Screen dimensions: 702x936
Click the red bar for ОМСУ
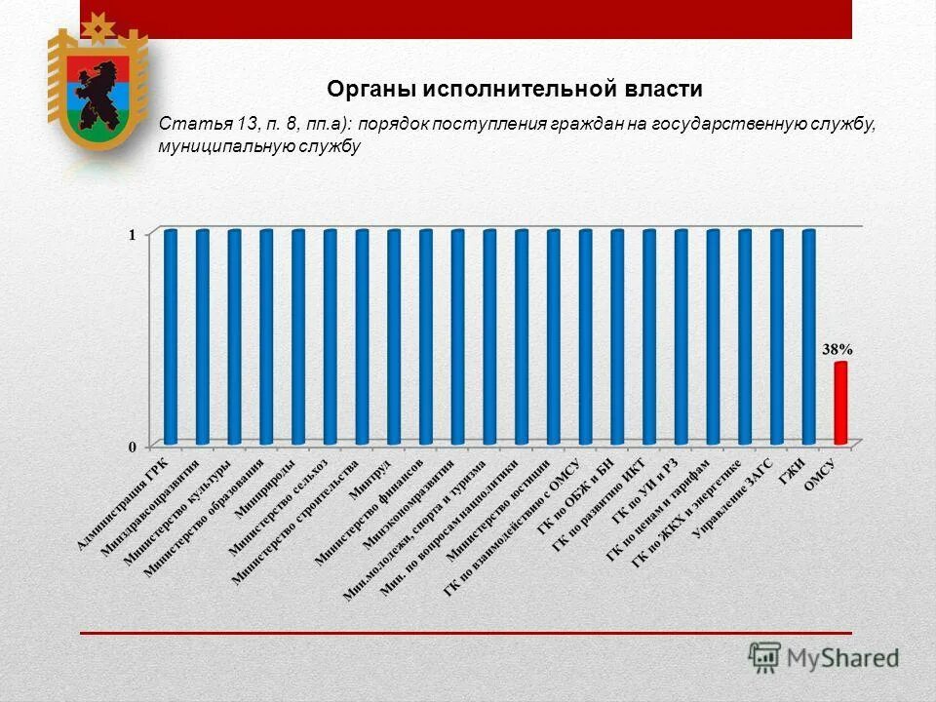(x=840, y=402)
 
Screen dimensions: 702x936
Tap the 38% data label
(x=837, y=348)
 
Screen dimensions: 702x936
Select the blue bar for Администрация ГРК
(x=171, y=336)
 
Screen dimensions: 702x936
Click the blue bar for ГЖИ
(x=808, y=336)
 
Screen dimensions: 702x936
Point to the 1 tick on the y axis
(x=133, y=234)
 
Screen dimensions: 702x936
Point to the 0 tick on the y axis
(x=133, y=446)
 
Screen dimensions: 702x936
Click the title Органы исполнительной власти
(x=515, y=90)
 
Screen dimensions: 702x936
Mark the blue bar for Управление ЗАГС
(x=776, y=336)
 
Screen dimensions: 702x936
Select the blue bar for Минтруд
(x=394, y=336)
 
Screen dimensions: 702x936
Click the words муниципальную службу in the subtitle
(x=259, y=147)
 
